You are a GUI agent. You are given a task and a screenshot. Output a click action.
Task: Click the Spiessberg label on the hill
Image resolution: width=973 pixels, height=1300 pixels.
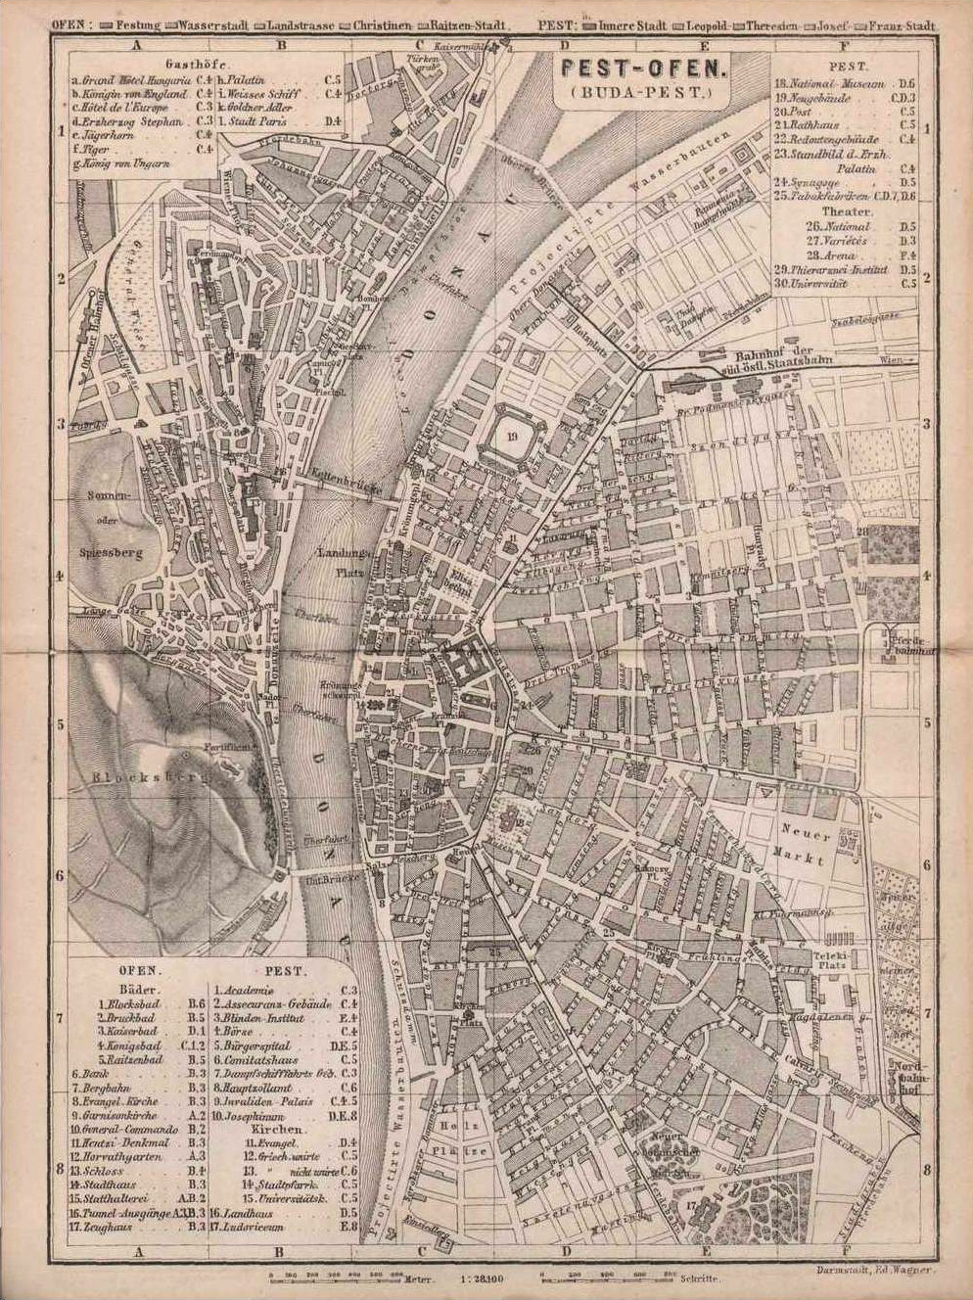[114, 553]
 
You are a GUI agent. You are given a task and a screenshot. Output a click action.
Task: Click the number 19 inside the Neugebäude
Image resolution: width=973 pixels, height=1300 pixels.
[513, 437]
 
